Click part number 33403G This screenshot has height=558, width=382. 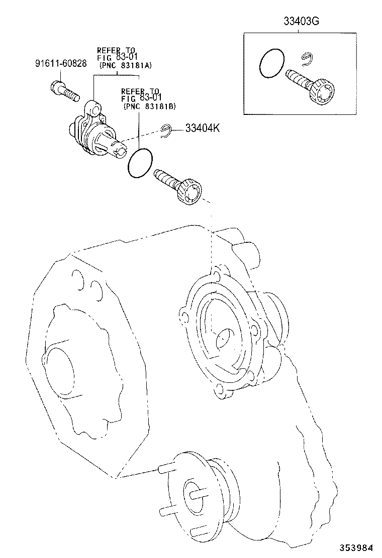(x=301, y=22)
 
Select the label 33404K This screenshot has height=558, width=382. (x=203, y=129)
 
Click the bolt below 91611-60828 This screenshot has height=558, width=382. (x=65, y=91)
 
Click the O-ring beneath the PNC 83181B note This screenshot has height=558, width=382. (x=140, y=163)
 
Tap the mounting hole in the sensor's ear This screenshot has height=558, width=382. (x=92, y=106)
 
